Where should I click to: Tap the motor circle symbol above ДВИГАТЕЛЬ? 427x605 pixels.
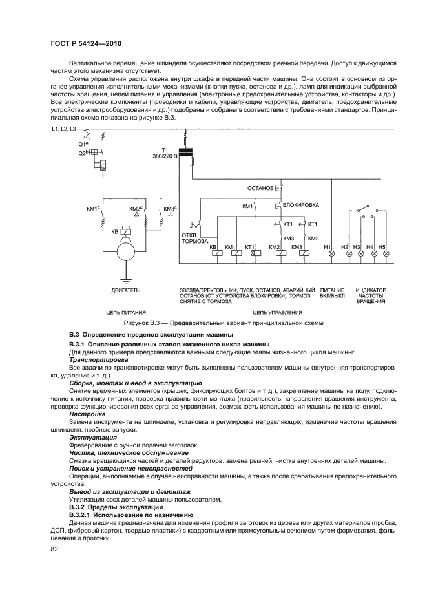click(127, 251)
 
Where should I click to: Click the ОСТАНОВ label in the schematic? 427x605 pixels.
click(260, 188)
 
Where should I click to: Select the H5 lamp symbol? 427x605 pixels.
click(386, 254)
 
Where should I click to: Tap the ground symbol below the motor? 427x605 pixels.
click(127, 279)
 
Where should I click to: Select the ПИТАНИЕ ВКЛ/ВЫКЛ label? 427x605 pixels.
click(333, 295)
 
